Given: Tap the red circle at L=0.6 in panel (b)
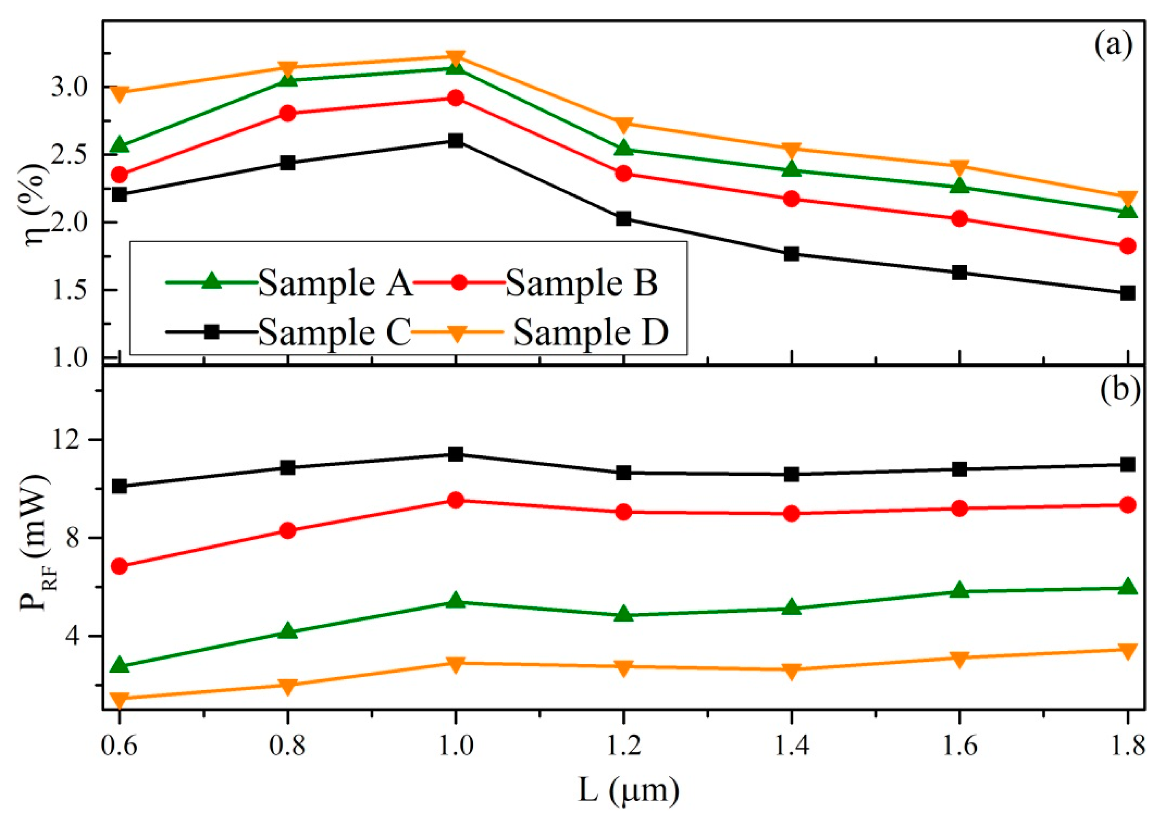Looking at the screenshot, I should coord(120,566).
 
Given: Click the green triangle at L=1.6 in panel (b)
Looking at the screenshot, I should coord(959,591).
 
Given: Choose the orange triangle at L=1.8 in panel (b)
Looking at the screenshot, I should coord(1127,650).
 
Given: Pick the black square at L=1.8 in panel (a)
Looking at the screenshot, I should coord(1127,293).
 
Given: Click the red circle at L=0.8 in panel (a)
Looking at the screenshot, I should coord(288,113).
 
